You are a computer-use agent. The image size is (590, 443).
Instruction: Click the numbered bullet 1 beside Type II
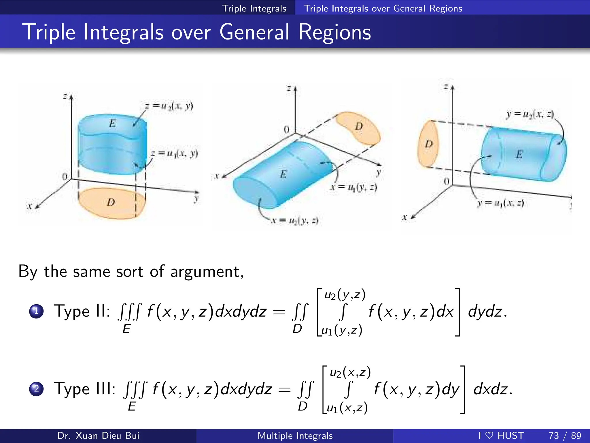point(36,311)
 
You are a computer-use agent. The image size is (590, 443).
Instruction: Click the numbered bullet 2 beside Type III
point(36,389)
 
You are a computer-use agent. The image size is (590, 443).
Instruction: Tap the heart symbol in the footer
point(489,435)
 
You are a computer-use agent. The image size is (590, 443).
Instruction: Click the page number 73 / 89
point(565,436)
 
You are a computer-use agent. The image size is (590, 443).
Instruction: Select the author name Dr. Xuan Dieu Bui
point(98,436)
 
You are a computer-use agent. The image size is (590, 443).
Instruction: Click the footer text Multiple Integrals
point(295,436)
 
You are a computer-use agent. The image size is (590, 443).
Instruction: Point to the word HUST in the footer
point(511,436)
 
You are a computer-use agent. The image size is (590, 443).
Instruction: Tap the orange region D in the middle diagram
point(359,128)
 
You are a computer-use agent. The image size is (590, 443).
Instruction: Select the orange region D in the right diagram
point(428,144)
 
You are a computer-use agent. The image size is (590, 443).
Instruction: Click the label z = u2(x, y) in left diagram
point(169,106)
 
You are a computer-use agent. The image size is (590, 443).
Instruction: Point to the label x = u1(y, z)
point(354,187)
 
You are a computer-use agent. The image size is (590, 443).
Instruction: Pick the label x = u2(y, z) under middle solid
point(295,221)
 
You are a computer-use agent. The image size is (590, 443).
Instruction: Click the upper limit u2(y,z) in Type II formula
point(345,295)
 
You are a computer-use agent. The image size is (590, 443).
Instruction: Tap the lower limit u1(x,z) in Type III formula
point(347,408)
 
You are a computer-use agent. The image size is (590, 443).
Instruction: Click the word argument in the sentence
point(207,272)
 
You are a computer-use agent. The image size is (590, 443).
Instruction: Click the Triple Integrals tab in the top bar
point(254,8)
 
